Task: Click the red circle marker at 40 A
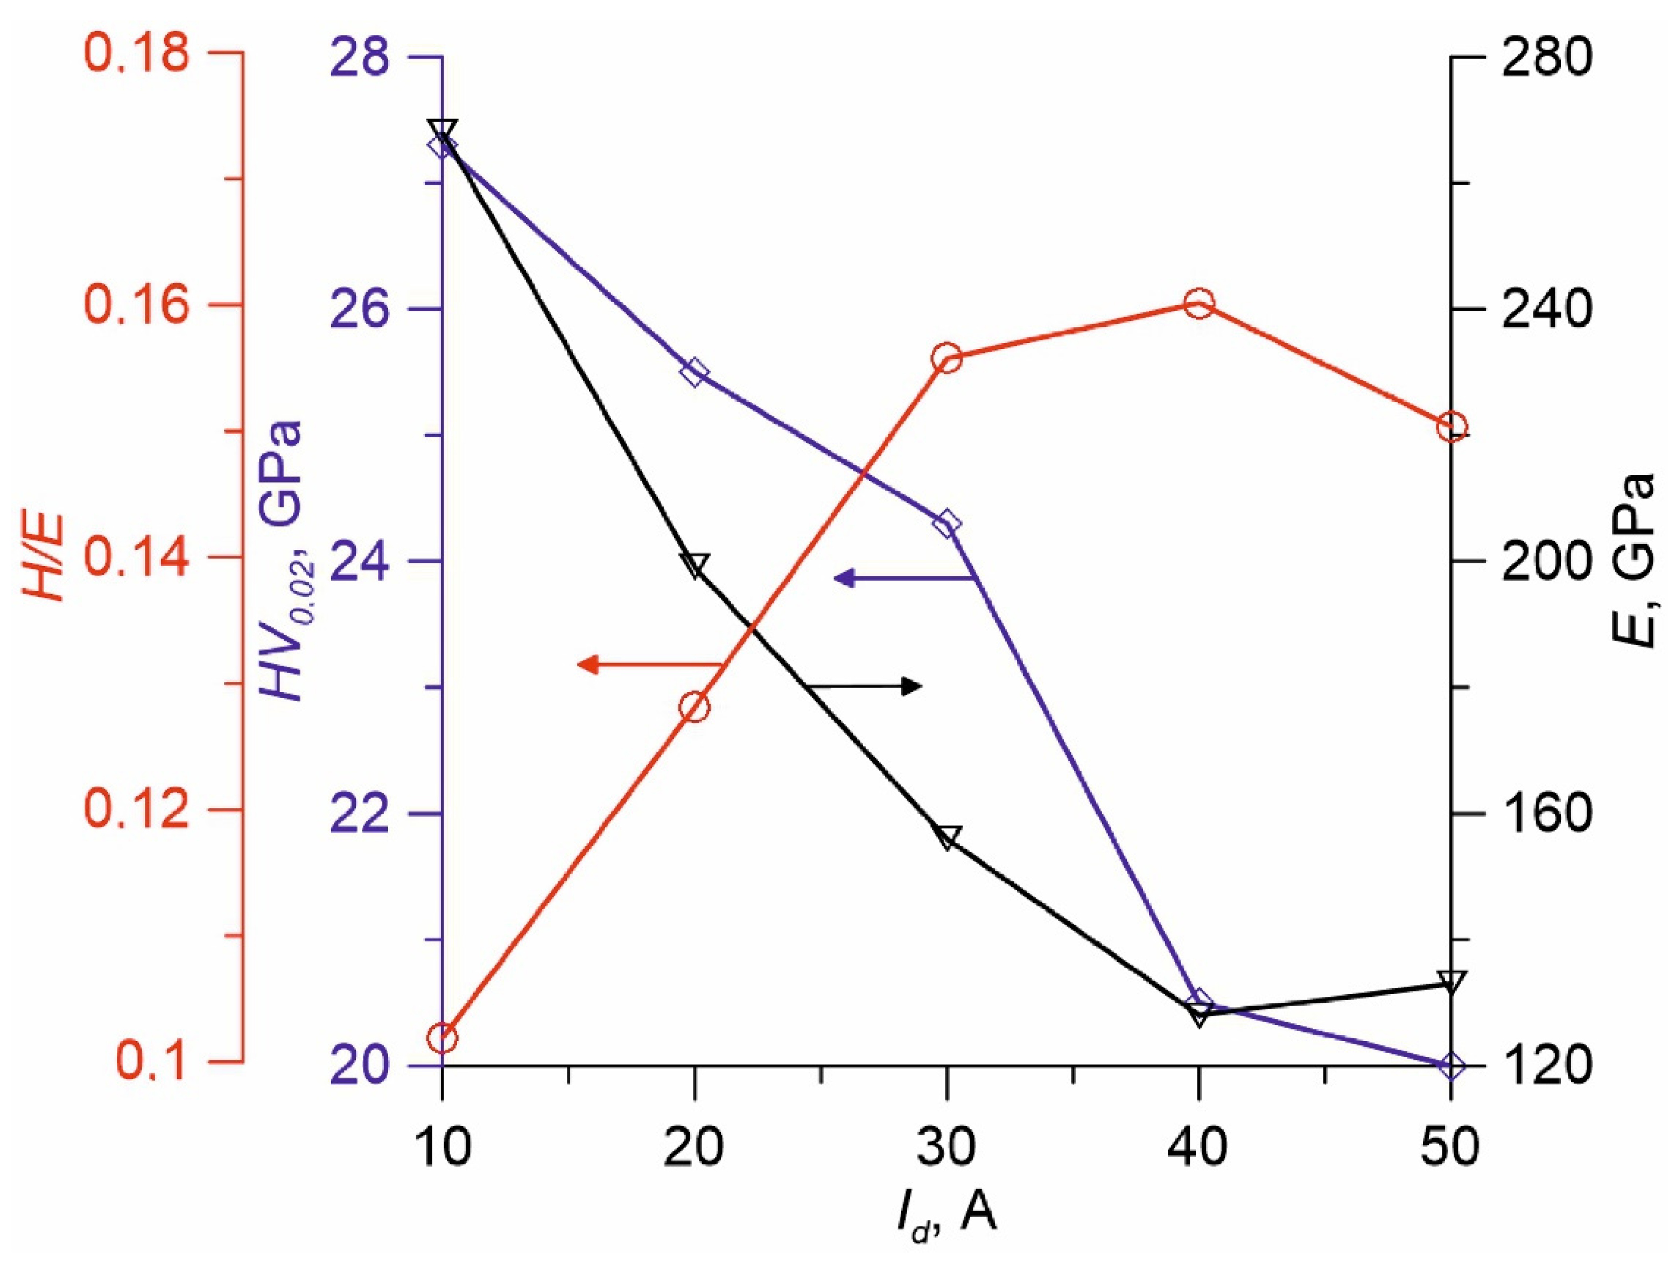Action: pyautogui.click(x=1198, y=304)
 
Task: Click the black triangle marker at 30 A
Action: pyautogui.click(x=947, y=836)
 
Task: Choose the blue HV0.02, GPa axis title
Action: pyautogui.click(x=285, y=561)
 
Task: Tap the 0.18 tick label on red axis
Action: pyautogui.click(x=136, y=54)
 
